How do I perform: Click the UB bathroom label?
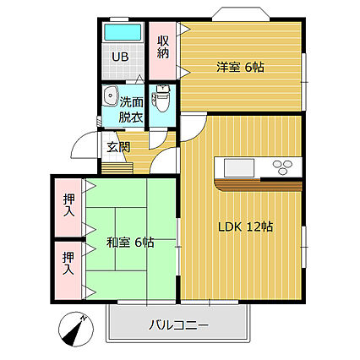tap(123, 58)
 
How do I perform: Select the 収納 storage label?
tap(162, 46)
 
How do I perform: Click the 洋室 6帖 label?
tap(240, 66)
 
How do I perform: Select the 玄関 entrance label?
tap(117, 146)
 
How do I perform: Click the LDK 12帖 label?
tap(246, 226)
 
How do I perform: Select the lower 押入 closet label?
tap(68, 265)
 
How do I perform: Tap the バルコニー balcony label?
tap(178, 325)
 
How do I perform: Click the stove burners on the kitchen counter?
tap(282, 165)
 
